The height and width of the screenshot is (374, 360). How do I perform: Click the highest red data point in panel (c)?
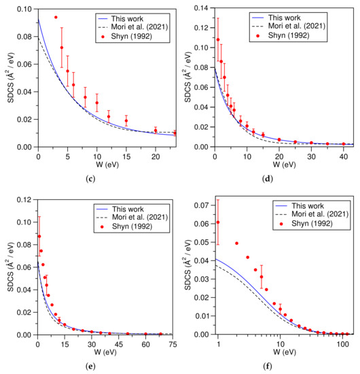tap(56, 17)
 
